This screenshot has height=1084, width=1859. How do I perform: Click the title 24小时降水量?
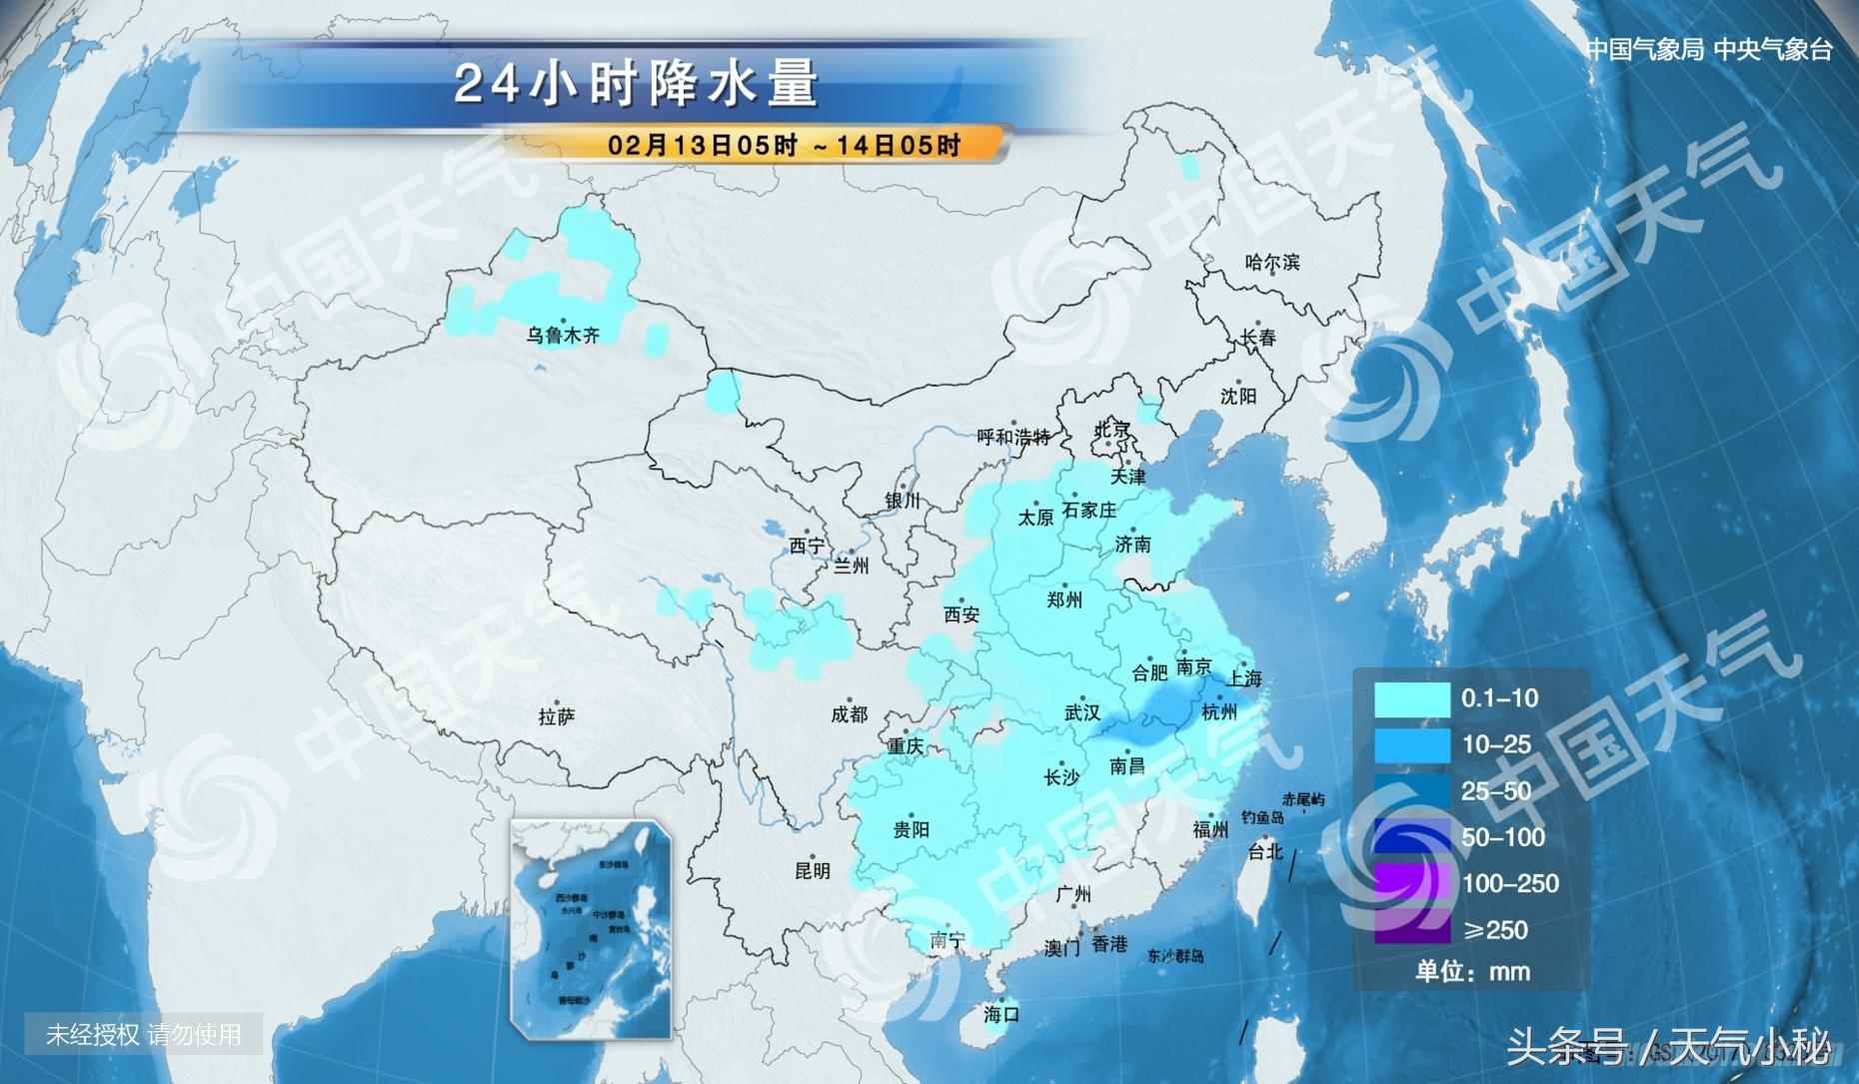637,84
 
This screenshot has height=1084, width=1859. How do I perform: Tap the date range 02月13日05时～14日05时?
784,145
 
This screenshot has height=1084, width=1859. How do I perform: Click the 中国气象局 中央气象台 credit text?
1709,49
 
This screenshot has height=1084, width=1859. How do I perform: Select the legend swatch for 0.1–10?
1411,699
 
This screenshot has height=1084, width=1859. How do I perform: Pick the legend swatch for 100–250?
1411,884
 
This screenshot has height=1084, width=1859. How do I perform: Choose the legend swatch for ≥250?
1411,930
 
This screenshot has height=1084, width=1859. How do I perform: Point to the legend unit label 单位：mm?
1472,971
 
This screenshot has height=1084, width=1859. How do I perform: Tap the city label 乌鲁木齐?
563,336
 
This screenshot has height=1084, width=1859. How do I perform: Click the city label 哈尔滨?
1272,263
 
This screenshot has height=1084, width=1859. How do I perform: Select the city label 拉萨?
556,717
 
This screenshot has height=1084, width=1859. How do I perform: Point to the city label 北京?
1111,431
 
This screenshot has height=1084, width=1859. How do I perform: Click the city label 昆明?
813,871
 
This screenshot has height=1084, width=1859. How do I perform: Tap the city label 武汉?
1081,713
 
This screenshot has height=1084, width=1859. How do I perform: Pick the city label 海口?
1001,1015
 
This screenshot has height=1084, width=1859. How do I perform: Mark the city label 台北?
1264,852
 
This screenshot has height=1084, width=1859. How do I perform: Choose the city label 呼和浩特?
1013,438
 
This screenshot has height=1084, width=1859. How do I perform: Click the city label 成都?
850,714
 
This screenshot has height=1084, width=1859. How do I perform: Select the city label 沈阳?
1237,397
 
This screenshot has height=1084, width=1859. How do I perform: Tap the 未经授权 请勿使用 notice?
144,1035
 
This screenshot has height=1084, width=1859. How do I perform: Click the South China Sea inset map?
591,929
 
